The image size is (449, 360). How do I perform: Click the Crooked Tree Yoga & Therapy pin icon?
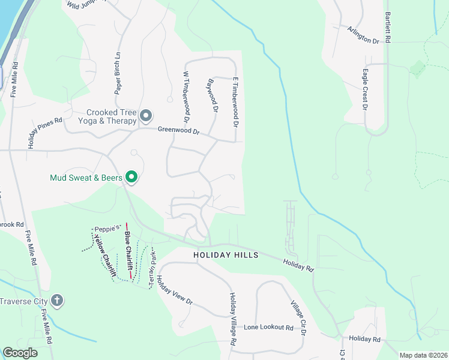pyautogui.click(x=145, y=115)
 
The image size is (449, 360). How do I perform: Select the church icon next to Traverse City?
pyautogui.click(x=57, y=300)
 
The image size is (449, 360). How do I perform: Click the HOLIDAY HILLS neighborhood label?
pyautogui.click(x=226, y=255)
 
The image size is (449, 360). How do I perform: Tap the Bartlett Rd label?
pyautogui.click(x=388, y=27)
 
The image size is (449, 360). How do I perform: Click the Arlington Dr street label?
pyautogui.click(x=363, y=34)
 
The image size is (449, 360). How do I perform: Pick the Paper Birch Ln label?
pyautogui.click(x=118, y=74)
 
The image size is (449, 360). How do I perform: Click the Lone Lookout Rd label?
pyautogui.click(x=268, y=328)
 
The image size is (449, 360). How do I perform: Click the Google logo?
pyautogui.click(x=20, y=353)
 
